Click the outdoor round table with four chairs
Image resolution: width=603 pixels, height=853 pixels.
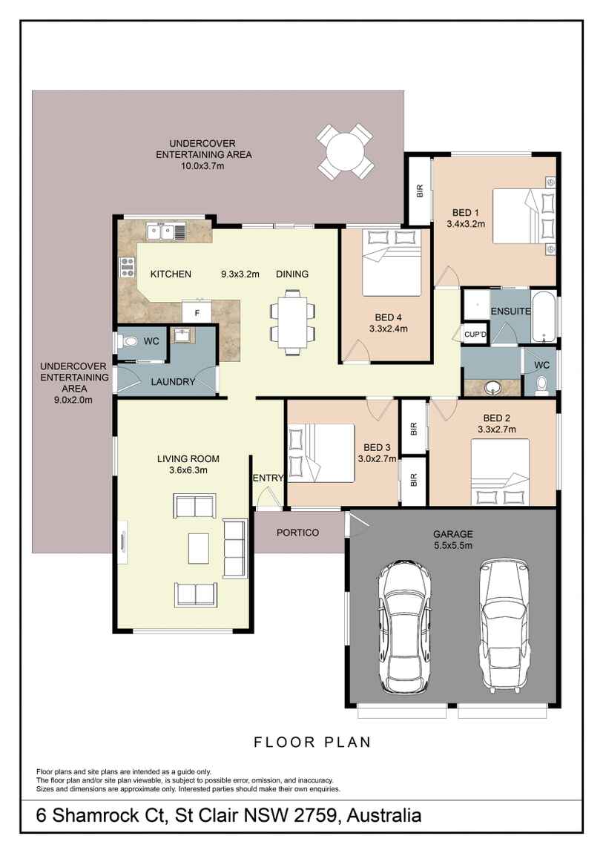[346, 151]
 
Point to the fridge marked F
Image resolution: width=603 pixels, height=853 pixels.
[197, 312]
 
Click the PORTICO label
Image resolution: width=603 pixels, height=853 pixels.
[297, 533]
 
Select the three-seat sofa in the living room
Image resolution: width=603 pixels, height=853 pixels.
[234, 549]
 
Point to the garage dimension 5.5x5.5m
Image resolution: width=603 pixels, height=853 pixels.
[452, 545]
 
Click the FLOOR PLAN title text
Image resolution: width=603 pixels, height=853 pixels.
[312, 742]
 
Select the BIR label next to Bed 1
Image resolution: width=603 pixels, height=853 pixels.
[419, 192]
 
